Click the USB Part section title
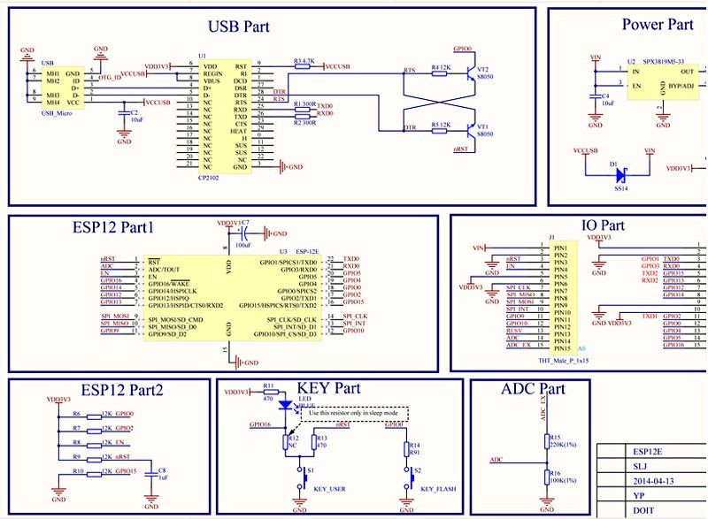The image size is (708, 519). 238,27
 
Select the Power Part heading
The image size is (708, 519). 658,25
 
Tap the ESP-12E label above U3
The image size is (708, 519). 306,251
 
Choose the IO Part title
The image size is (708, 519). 603,225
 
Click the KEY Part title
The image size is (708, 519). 329,388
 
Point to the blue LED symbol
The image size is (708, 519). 284,405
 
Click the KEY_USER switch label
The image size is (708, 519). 330,489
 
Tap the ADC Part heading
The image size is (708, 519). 533,389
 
